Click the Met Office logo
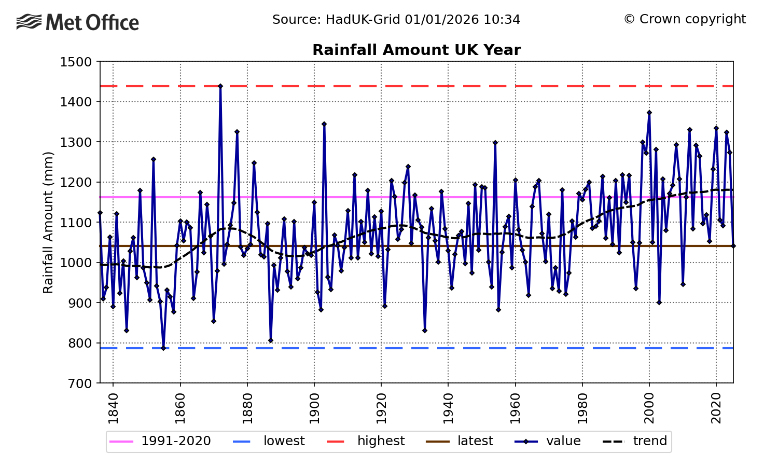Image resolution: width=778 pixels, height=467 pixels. point(78,22)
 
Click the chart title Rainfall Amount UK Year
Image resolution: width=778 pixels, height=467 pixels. point(416,50)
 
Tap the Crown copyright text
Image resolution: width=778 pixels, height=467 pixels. point(685,19)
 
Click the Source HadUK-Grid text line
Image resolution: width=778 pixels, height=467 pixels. point(396,20)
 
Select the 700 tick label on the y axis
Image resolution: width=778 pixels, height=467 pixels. point(80,383)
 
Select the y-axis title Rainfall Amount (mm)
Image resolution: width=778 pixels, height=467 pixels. point(48,223)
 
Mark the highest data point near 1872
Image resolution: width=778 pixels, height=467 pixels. point(220,86)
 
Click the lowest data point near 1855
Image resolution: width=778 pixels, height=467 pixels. point(163,348)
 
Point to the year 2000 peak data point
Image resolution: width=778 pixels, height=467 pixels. point(649,113)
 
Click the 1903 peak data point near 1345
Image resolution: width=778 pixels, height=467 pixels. point(324,124)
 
